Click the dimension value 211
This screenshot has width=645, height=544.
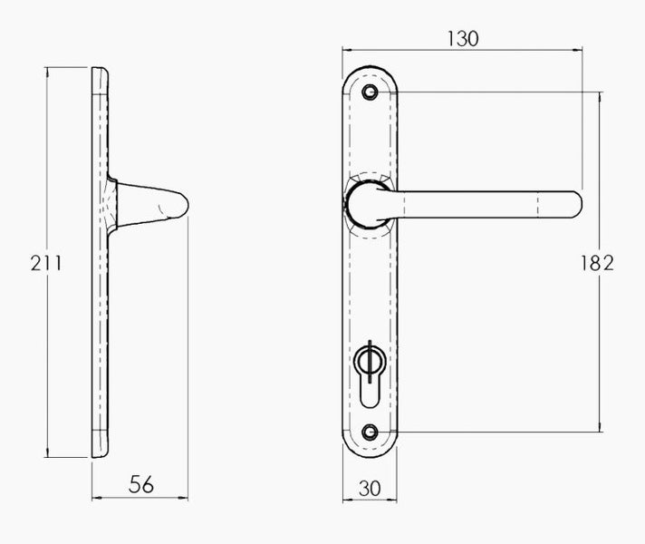point(45,263)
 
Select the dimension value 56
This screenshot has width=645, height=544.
point(140,485)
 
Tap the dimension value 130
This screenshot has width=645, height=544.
point(462,38)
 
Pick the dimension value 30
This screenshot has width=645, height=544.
point(370,487)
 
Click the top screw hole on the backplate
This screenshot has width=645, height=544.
point(369,92)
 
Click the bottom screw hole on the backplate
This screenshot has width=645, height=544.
point(369,432)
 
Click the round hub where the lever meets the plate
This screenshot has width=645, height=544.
point(364,203)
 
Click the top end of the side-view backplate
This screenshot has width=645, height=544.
point(101,71)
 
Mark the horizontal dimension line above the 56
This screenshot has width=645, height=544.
point(140,498)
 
